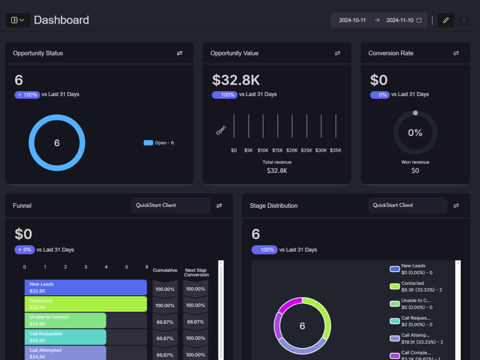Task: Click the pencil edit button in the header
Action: (445, 20)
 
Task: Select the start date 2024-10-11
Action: (352, 20)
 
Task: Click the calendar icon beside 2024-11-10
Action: (419, 20)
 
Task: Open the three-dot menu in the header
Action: (464, 20)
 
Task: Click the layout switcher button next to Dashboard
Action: (18, 20)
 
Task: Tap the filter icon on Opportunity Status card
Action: (180, 53)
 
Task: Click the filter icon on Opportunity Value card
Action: (337, 53)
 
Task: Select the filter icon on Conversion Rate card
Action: (456, 53)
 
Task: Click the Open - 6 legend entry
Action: (159, 143)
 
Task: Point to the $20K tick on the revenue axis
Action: (292, 150)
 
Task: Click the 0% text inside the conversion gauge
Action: (415, 133)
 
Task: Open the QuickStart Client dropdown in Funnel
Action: (170, 205)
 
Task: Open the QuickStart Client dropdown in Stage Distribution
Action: (408, 205)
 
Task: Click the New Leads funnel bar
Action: (85, 288)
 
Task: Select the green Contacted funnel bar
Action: (85, 304)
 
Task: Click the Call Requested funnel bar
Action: (65, 336)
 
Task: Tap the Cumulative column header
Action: (165, 270)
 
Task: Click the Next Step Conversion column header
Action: (196, 272)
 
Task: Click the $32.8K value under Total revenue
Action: (277, 170)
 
